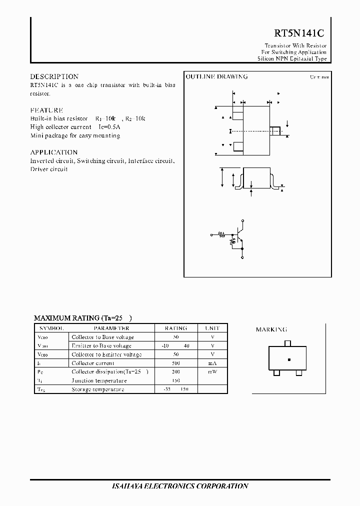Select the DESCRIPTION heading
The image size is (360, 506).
click(x=54, y=76)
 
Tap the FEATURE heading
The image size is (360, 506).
click(x=46, y=110)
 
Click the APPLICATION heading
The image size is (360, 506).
click(x=53, y=152)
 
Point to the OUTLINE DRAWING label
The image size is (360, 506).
click(x=216, y=76)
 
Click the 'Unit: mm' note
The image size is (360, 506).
click(x=319, y=77)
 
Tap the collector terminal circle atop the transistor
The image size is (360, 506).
click(x=242, y=220)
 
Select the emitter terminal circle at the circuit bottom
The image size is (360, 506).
click(x=242, y=258)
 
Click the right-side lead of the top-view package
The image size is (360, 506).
click(x=275, y=131)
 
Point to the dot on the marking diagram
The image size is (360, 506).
click(x=288, y=359)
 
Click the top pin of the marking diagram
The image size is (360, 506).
click(x=287, y=343)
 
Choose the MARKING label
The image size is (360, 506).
click(x=271, y=329)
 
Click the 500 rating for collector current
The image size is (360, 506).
click(x=175, y=363)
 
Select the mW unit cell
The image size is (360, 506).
click(x=212, y=371)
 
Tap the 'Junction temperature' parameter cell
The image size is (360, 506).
click(x=99, y=380)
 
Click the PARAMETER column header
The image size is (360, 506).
click(x=111, y=328)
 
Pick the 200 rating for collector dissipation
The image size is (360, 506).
click(x=175, y=371)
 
